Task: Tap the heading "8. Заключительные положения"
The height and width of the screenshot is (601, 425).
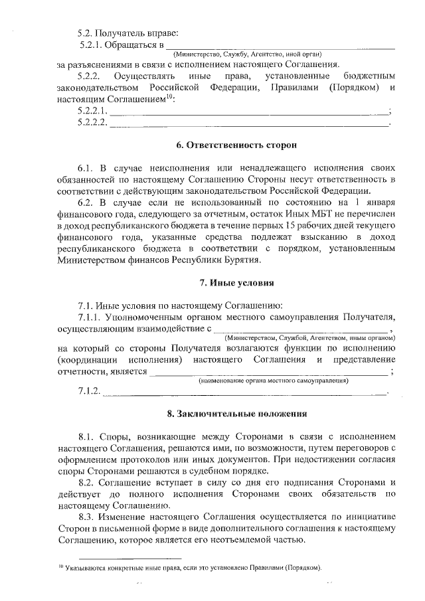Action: [x=236, y=414]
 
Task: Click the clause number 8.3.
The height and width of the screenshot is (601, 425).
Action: [x=88, y=517]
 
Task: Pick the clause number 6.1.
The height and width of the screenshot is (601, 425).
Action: [x=88, y=167]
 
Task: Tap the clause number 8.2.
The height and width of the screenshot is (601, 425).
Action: [x=88, y=482]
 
